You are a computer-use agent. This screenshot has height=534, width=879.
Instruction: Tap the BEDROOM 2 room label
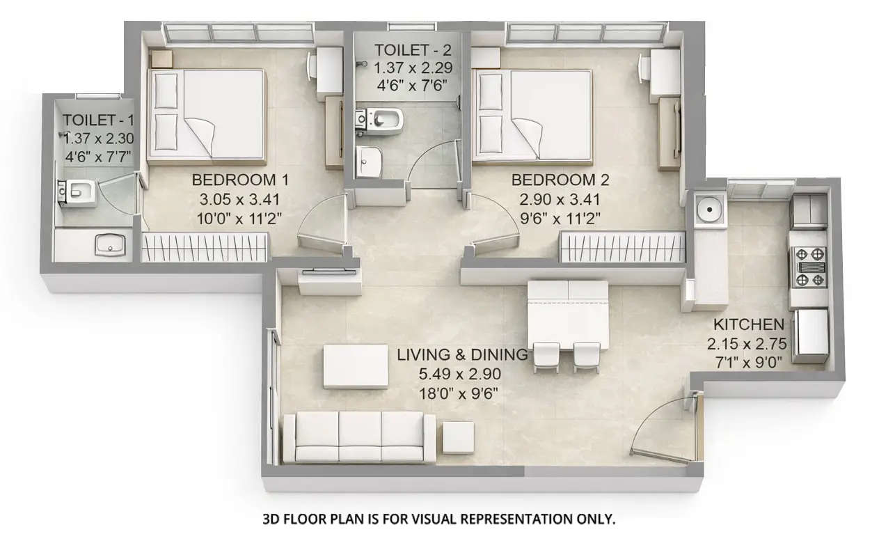[x=560, y=180]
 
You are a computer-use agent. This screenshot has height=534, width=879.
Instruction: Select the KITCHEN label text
[x=748, y=324]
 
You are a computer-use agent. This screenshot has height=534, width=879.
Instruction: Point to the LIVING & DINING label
[x=461, y=354]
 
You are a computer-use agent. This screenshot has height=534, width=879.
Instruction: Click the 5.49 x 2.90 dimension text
[x=459, y=374]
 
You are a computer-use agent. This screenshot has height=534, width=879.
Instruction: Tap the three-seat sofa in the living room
[x=359, y=437]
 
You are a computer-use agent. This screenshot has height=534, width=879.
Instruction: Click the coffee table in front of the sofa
[x=356, y=366]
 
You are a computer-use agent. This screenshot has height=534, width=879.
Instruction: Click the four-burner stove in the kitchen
[x=807, y=267]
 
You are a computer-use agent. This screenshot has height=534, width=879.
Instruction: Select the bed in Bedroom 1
[x=207, y=116]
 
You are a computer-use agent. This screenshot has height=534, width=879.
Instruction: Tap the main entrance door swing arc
[x=665, y=425]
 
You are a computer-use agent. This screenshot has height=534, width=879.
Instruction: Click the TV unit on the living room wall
[x=328, y=283]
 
